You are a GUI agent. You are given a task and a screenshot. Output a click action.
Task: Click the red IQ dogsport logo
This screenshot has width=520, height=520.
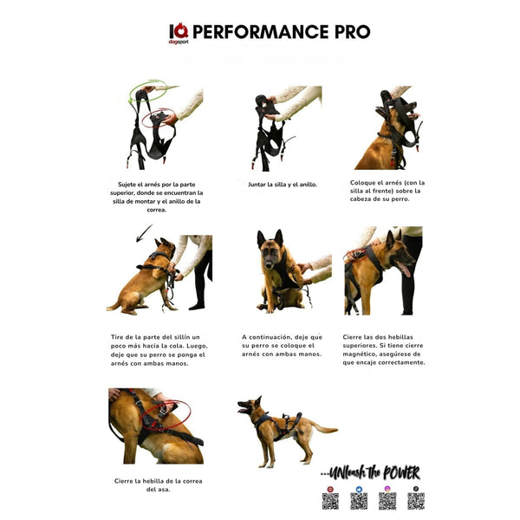tap(178, 33)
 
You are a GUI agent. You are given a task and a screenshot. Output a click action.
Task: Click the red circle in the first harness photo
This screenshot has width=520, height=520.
tap(160, 114)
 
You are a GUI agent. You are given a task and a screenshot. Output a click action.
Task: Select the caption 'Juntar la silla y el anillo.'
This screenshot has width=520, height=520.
tap(283, 185)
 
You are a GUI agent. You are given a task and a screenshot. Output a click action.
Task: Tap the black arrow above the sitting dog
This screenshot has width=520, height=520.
tap(143, 232)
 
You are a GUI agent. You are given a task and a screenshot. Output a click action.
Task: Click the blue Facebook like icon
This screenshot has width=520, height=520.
tap(358, 489)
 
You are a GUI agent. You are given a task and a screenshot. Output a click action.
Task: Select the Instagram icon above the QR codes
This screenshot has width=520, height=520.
tap(387, 489)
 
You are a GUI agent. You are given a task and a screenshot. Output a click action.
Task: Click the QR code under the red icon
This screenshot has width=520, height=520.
tap(330, 501)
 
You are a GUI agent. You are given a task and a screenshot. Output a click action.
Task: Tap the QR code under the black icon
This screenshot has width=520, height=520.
tap(416, 501)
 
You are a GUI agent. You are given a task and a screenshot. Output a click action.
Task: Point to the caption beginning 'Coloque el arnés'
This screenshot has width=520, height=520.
tap(387, 191)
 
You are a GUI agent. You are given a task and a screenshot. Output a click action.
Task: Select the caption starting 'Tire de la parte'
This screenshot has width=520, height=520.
tap(159, 349)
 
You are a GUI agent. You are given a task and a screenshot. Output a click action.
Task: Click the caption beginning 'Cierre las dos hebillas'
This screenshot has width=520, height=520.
tap(387, 349)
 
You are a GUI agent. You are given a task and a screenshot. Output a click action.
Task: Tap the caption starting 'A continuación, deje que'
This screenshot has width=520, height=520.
tap(282, 345)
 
